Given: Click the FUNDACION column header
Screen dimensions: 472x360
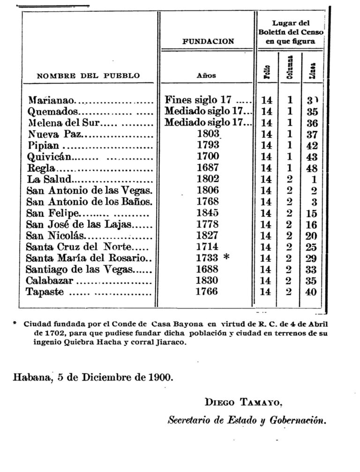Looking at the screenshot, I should click(x=208, y=41).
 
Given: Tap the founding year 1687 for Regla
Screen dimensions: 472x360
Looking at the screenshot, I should click(x=209, y=168).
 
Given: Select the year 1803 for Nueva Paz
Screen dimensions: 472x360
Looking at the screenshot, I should click(x=209, y=134).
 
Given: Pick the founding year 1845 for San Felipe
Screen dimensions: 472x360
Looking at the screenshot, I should click(x=209, y=213).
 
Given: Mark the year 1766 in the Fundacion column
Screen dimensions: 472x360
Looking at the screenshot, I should click(x=209, y=292).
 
